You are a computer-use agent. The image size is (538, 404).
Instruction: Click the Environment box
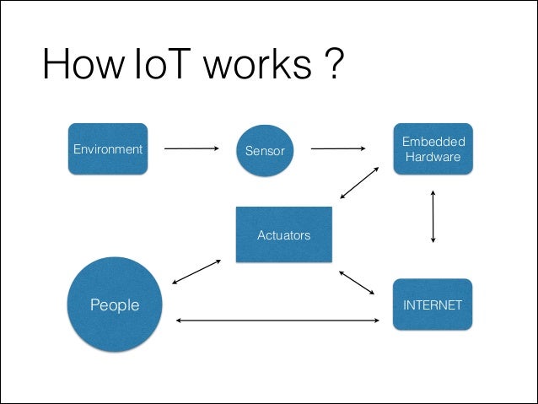pyautogui.click(x=108, y=149)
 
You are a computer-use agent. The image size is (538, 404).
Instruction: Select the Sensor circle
pyautogui.click(x=265, y=151)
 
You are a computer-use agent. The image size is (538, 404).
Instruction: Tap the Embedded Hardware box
pyautogui.click(x=433, y=148)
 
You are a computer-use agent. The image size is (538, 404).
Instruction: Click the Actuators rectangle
pyautogui.click(x=283, y=234)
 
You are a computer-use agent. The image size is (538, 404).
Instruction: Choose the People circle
pyautogui.click(x=115, y=304)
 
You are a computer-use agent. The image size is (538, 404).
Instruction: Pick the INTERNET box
pyautogui.click(x=433, y=304)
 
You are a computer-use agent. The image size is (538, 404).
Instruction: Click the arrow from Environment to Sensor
pyautogui.click(x=191, y=150)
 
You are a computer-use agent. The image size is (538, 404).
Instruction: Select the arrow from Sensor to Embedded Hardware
pyautogui.click(x=338, y=150)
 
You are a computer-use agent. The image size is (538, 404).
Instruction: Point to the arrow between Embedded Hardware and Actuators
pyautogui.click(x=359, y=182)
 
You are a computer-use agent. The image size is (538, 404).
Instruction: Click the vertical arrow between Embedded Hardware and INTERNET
pyautogui.click(x=433, y=217)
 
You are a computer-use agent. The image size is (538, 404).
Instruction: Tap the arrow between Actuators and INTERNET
pyautogui.click(x=356, y=283)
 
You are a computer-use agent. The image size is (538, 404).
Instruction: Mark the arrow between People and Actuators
pyautogui.click(x=196, y=272)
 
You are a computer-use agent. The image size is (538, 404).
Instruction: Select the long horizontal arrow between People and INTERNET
pyautogui.click(x=277, y=321)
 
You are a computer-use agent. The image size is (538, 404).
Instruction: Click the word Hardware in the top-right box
pyautogui.click(x=433, y=157)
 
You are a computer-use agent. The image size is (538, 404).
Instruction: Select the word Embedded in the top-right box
pyautogui.click(x=433, y=141)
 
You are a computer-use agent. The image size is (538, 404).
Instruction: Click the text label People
pyautogui.click(x=115, y=304)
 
